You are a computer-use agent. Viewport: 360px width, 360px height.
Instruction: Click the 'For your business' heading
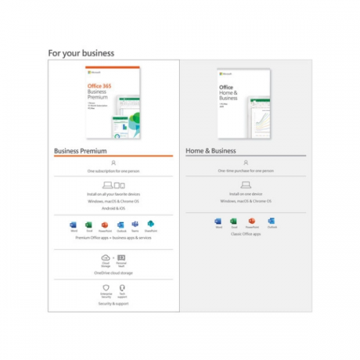pyautogui.click(x=81, y=53)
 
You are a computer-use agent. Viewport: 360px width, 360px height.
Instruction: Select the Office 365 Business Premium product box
pyautogui.click(x=113, y=103)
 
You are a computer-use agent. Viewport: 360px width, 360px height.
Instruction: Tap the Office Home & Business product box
pyautogui.click(x=244, y=102)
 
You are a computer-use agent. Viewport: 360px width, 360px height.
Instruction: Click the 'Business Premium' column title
pyautogui.click(x=81, y=151)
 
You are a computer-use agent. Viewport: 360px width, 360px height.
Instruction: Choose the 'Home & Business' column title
pyautogui.click(x=210, y=151)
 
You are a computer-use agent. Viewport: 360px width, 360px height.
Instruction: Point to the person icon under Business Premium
pyautogui.click(x=113, y=163)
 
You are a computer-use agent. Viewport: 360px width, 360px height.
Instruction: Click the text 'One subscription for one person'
pyautogui.click(x=113, y=171)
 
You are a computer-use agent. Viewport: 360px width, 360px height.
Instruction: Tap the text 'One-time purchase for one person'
pyautogui.click(x=246, y=171)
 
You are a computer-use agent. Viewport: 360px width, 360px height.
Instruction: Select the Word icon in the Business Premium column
pyautogui.click(x=73, y=225)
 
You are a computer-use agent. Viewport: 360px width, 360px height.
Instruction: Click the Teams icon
pyautogui.click(x=136, y=225)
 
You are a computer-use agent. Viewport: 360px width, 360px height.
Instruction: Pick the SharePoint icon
pyautogui.click(x=151, y=225)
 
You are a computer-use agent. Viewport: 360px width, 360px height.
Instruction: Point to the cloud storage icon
pyautogui.click(x=105, y=258)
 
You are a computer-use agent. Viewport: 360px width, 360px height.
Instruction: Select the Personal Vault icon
pyautogui.click(x=122, y=258)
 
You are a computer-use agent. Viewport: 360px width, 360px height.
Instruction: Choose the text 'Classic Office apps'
pyautogui.click(x=246, y=235)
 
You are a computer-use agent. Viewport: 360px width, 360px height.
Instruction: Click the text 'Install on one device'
pyautogui.click(x=246, y=194)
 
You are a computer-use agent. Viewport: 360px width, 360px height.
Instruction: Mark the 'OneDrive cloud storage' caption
pyautogui.click(x=113, y=274)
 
